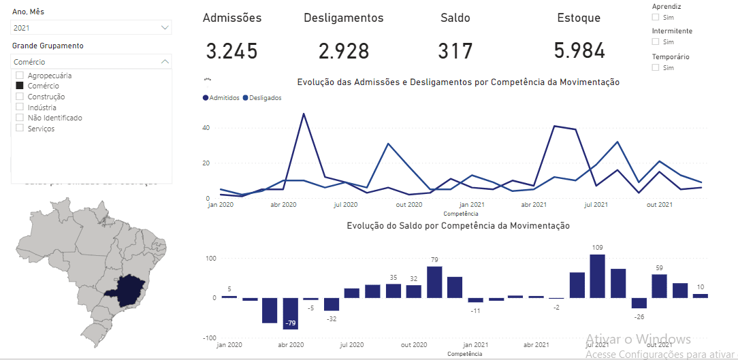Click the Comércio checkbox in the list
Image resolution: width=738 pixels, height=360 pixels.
(x=20, y=86)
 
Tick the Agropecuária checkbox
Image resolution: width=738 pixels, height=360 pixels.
(x=20, y=76)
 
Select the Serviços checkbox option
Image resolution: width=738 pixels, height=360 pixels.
(x=20, y=128)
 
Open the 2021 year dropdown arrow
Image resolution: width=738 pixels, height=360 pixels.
(x=165, y=28)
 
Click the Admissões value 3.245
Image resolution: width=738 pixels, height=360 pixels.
(x=231, y=51)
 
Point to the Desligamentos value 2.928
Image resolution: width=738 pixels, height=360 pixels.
(x=343, y=51)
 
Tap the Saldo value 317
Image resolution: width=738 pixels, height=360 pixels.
(x=455, y=51)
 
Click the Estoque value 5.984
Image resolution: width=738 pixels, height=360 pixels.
(x=579, y=51)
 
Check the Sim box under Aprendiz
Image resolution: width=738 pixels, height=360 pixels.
(x=656, y=17)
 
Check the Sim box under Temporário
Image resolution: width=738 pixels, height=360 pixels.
(x=656, y=67)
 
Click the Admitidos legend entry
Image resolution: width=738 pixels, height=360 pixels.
(x=222, y=98)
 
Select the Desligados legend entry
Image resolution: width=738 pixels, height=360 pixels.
(x=262, y=98)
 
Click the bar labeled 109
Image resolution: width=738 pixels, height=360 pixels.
(x=597, y=276)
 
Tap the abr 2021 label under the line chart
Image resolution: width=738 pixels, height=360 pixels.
(x=534, y=204)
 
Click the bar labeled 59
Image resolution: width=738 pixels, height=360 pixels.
(x=659, y=286)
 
